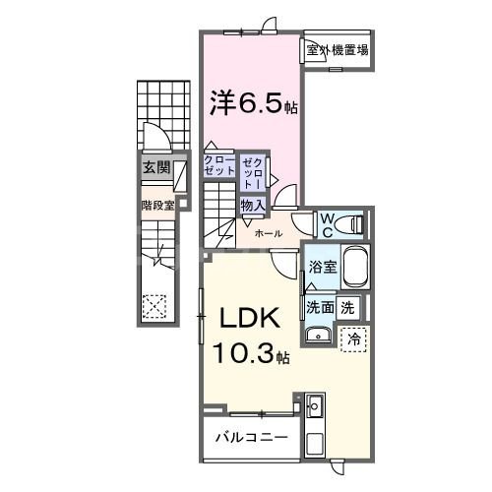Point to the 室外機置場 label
337,50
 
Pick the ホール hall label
269,233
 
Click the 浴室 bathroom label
321,267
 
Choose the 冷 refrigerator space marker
354,338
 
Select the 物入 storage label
252,205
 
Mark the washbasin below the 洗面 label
317,338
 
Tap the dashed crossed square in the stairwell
155,305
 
